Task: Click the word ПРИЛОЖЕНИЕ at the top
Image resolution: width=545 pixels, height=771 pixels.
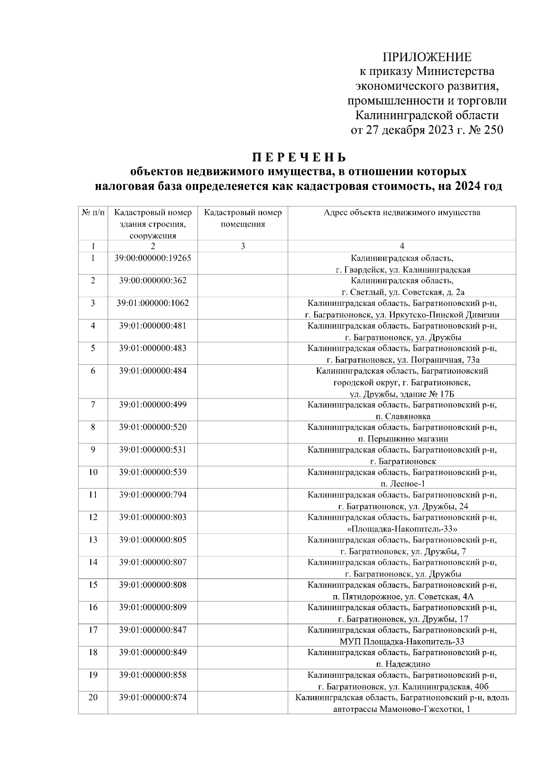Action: (427, 57)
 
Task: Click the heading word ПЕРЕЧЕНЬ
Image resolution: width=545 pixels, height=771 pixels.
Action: (299, 157)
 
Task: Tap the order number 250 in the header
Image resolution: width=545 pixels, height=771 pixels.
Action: (491, 130)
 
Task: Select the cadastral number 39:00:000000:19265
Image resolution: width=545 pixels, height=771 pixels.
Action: (153, 258)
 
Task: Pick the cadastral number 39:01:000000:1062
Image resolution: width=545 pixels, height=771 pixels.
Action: (153, 303)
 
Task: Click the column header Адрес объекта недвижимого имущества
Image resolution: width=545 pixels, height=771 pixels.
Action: (401, 213)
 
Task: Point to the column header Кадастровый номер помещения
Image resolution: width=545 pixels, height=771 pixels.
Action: (243, 218)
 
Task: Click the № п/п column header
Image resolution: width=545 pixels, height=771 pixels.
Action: (93, 213)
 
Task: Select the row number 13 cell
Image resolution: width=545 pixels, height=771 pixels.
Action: (93, 540)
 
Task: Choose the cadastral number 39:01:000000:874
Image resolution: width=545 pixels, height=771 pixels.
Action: (153, 697)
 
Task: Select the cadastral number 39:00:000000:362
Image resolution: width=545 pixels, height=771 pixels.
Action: (153, 280)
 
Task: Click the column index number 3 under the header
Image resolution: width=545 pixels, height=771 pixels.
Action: (243, 246)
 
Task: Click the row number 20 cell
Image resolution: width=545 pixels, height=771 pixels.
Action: (93, 697)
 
